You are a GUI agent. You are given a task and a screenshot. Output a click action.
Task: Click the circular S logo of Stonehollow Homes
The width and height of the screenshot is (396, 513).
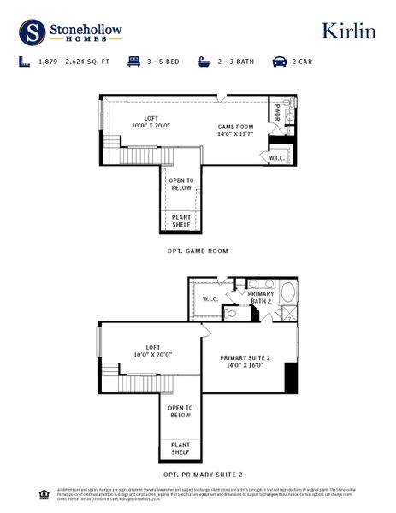pyautogui.click(x=33, y=32)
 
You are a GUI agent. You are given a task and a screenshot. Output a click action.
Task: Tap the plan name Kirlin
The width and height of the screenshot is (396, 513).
pyautogui.click(x=348, y=31)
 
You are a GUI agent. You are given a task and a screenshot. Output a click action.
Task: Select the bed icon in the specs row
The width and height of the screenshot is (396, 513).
pyautogui.click(x=133, y=62)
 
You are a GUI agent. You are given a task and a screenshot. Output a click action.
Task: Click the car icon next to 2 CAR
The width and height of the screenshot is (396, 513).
pyautogui.click(x=279, y=62)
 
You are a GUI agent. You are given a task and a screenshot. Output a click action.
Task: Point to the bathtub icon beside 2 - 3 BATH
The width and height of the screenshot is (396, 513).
pyautogui.click(x=204, y=62)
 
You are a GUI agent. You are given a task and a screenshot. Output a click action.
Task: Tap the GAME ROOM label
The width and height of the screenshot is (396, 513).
pyautogui.click(x=235, y=131)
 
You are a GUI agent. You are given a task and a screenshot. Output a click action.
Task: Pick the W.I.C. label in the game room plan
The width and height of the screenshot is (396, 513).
pyautogui.click(x=277, y=157)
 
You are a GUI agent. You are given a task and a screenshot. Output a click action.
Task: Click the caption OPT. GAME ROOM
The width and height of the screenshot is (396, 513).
pyautogui.click(x=198, y=251)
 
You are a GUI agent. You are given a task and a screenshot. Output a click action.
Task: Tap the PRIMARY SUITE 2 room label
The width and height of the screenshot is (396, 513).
pyautogui.click(x=245, y=362)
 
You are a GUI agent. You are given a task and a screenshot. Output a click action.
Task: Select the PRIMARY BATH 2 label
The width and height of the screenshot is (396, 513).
pyautogui.click(x=261, y=298)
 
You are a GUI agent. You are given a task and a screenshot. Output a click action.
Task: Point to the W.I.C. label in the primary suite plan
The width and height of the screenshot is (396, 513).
pyautogui.click(x=210, y=298)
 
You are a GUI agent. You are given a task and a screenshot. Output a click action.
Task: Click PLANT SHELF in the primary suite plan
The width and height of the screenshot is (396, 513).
pyautogui.click(x=180, y=449)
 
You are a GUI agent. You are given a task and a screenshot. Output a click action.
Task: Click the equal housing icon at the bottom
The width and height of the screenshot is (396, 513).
pyautogui.click(x=44, y=493)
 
